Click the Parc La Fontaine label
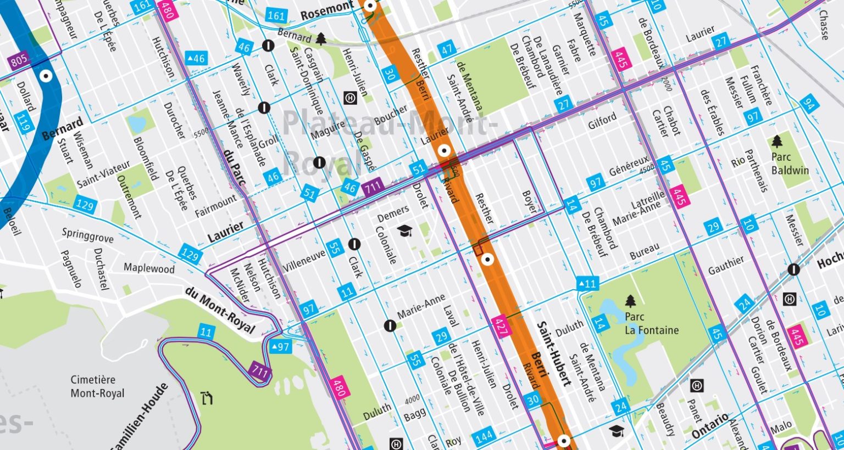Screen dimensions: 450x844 [x=651, y=324]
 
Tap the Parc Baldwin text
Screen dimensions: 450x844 [x=790, y=164]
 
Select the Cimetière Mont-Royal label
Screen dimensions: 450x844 [x=97, y=386]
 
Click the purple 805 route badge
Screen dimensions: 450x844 [x=18, y=59]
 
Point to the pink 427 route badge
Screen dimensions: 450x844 [x=501, y=325]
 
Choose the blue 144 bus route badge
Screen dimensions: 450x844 [x=484, y=437]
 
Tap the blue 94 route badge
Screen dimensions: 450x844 [x=808, y=104]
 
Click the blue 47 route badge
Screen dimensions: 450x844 [x=447, y=49]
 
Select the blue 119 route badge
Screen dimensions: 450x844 [x=23, y=123]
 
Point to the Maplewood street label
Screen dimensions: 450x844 [x=149, y=268]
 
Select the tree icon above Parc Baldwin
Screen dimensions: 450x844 [x=777, y=142]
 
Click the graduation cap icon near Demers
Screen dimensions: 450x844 [x=405, y=230]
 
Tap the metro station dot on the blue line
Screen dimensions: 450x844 [x=46, y=76]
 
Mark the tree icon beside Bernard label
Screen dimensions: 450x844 [x=320, y=38]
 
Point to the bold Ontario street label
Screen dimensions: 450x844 [x=710, y=426]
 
